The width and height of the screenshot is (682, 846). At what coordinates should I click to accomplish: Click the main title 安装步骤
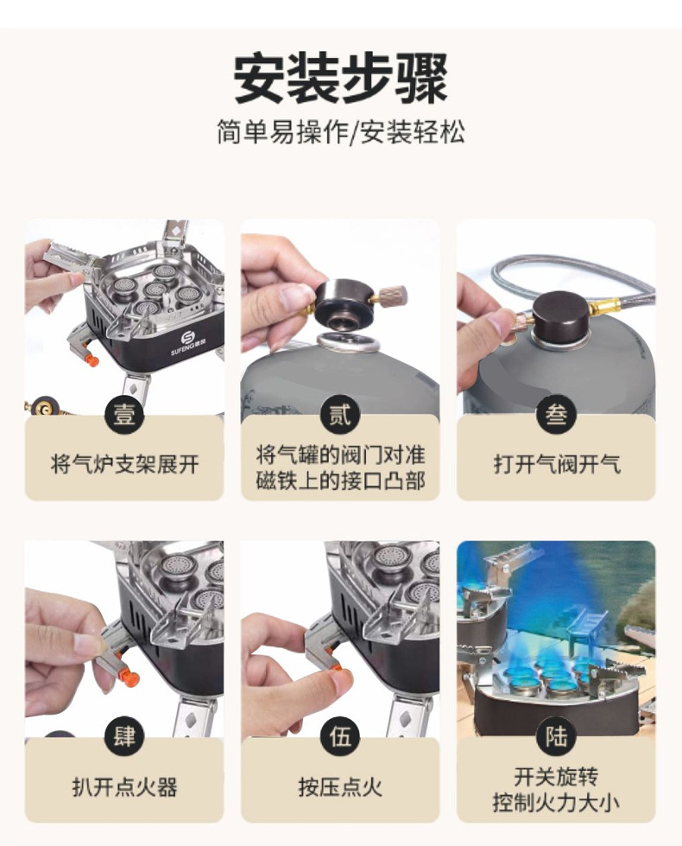[x=341, y=79]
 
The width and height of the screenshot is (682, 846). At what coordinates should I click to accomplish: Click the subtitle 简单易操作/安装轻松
[x=341, y=131]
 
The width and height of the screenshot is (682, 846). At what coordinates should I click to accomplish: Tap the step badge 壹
[x=124, y=415]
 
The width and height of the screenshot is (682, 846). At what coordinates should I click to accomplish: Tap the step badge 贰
[x=339, y=415]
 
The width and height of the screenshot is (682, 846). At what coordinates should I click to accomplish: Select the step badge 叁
[x=556, y=415]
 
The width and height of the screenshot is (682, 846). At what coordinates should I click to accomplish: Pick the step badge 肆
[x=124, y=737]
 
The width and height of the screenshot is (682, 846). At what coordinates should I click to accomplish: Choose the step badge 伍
[x=339, y=737]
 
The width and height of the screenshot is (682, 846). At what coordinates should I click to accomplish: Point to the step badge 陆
[x=556, y=737]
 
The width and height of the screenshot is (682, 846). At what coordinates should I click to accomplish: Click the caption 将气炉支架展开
[x=125, y=464]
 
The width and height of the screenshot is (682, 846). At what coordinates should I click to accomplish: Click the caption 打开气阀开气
[x=557, y=464]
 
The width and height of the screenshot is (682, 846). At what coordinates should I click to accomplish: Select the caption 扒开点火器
[x=125, y=787]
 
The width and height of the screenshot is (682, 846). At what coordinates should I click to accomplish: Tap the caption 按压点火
[x=341, y=787]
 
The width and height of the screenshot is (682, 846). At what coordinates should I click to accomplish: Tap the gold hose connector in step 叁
[x=600, y=309]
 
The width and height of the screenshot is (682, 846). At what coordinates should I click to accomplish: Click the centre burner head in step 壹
[x=155, y=289]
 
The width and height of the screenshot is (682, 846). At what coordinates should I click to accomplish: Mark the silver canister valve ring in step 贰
[x=348, y=342]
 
